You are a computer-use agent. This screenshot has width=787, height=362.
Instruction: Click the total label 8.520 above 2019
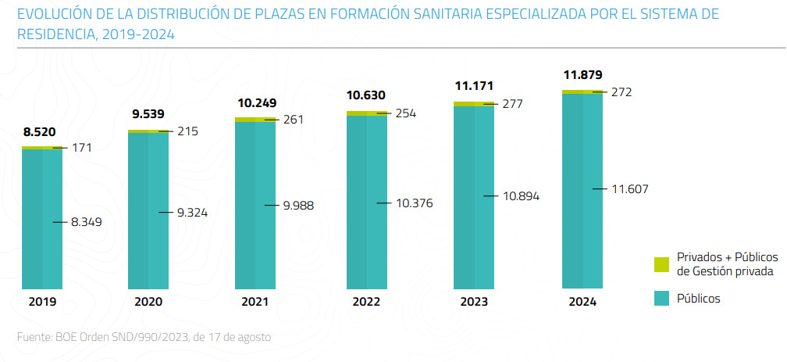pyautogui.click(x=40, y=132)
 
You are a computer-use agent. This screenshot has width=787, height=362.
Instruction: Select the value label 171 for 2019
pyautogui.click(x=82, y=147)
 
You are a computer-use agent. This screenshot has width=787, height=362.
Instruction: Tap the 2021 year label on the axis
pyautogui.click(x=255, y=302)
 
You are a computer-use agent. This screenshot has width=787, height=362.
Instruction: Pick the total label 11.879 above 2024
pyautogui.click(x=582, y=75)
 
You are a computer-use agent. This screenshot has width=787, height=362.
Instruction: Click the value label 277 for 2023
pyautogui.click(x=513, y=103)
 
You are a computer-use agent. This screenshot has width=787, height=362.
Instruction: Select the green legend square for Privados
pyautogui.click(x=662, y=264)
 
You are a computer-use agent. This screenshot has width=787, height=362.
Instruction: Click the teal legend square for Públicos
pyautogui.click(x=662, y=298)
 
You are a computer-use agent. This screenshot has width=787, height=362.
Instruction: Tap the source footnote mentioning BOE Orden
pyautogui.click(x=144, y=337)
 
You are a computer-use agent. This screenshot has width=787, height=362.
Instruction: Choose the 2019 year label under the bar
pyautogui.click(x=42, y=302)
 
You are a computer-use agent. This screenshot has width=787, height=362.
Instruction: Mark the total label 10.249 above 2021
pyautogui.click(x=256, y=102)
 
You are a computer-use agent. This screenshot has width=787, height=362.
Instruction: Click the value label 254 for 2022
pyautogui.click(x=406, y=113)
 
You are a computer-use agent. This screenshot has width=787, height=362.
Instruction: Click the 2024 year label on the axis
pyautogui.click(x=582, y=302)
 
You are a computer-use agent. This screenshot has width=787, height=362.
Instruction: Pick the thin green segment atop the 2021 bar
pyautogui.click(x=255, y=120)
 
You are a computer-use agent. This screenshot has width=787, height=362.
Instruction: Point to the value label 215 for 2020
pyautogui.click(x=188, y=131)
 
